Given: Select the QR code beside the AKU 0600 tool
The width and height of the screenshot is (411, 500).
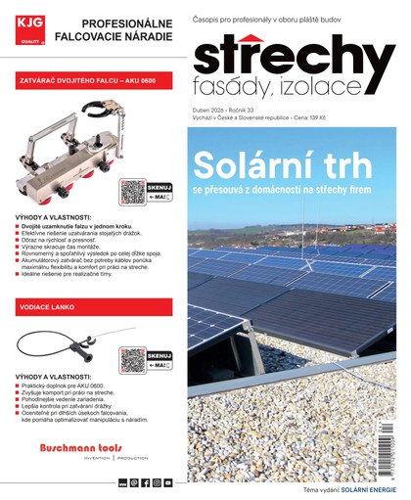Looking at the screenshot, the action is [x=132, y=191].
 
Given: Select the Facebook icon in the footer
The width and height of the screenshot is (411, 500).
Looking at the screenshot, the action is [x=145, y=483].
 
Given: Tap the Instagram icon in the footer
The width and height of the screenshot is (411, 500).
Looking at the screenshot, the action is [x=157, y=483].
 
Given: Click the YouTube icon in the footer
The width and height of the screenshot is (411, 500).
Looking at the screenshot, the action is [x=168, y=483].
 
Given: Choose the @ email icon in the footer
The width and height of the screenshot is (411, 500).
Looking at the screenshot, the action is [x=133, y=483].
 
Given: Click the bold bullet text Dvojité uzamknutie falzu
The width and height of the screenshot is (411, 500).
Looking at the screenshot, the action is [x=59, y=226].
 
